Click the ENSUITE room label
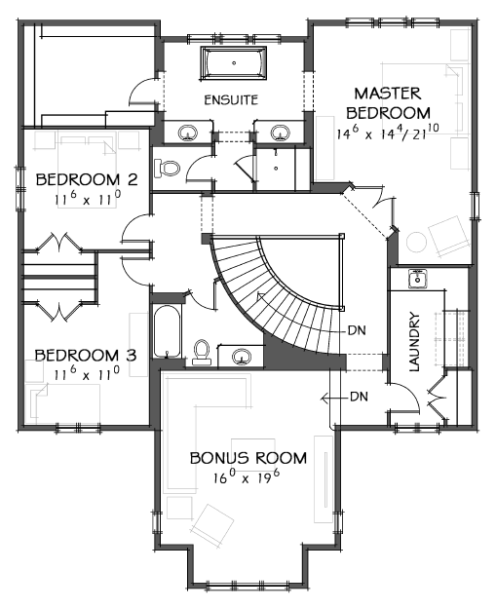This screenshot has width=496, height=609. pyautogui.click(x=231, y=100)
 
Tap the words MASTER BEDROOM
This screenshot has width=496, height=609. pyautogui.click(x=387, y=103)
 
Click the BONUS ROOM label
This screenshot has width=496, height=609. pyautogui.click(x=248, y=458)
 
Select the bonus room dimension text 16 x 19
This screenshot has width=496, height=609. pyautogui.click(x=248, y=478)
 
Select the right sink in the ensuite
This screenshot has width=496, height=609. pyautogui.click(x=281, y=132)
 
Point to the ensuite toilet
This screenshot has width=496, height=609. pyautogui.click(x=170, y=167)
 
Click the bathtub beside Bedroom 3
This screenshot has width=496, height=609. pyautogui.click(x=168, y=333)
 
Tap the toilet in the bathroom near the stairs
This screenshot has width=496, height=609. pyautogui.click(x=203, y=351)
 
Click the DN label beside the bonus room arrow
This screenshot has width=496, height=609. pyautogui.click(x=359, y=397)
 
